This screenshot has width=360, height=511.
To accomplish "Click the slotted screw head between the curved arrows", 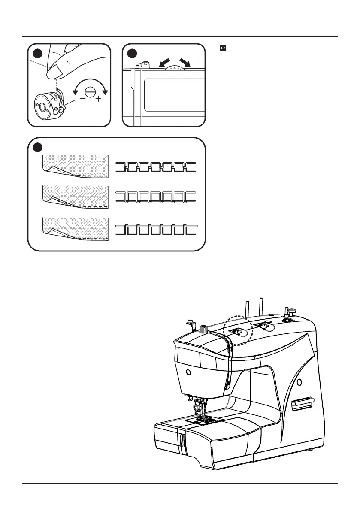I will [x=91, y=91].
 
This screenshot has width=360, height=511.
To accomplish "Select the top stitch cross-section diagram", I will [x=156, y=167].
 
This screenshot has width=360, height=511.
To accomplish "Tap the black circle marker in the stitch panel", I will [x=37, y=147].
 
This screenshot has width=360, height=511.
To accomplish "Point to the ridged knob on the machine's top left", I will [x=203, y=330].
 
